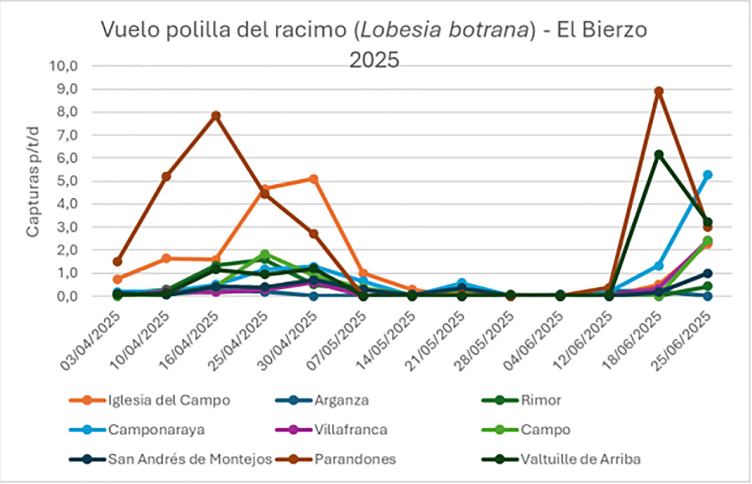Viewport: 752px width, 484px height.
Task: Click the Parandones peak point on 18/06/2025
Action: tap(658, 91)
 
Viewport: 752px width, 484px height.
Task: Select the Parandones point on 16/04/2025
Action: tap(216, 116)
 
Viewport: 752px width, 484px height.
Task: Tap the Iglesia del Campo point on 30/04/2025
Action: tap(313, 179)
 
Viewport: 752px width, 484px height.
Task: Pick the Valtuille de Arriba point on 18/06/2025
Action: tap(658, 155)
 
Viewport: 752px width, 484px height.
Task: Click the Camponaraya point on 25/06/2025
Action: tap(707, 175)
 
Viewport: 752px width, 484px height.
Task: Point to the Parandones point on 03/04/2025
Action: tap(117, 262)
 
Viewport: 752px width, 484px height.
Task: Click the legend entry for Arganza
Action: tap(341, 400)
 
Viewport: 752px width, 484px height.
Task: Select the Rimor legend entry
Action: tap(540, 400)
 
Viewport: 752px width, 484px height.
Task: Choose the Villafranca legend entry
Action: tap(350, 430)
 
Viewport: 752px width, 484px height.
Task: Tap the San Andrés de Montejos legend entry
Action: tap(190, 459)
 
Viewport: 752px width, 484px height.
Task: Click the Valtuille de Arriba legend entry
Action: tap(580, 459)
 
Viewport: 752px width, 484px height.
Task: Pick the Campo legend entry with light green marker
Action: tap(545, 430)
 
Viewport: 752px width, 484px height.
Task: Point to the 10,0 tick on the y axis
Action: tap(63, 66)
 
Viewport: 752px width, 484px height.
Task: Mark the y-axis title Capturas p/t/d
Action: tap(33, 182)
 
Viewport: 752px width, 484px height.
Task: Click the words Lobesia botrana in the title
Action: tap(445, 30)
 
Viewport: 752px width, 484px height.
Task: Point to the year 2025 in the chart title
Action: tap(374, 60)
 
